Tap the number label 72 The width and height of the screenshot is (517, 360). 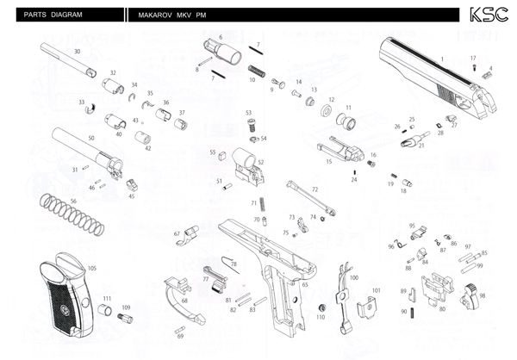coord(315,189)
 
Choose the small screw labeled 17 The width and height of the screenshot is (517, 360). coord(474,68)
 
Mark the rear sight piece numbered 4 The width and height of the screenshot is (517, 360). coord(487,75)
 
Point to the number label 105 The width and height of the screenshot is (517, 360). coord(91,268)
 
